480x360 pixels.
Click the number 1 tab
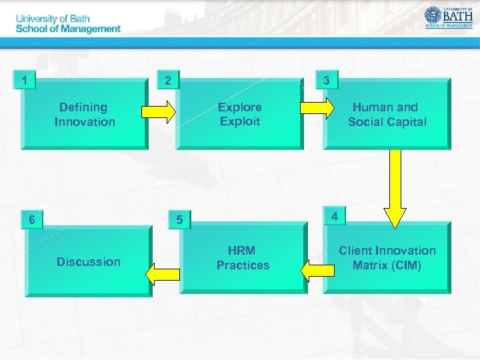(x=25, y=81)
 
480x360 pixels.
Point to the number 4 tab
(x=335, y=216)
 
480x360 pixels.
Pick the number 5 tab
(x=179, y=219)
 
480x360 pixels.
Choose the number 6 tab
(x=31, y=219)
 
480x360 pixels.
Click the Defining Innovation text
(x=85, y=114)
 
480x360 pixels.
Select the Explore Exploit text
(x=240, y=114)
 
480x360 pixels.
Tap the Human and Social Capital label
(x=387, y=114)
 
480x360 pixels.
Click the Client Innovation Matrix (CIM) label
(x=387, y=257)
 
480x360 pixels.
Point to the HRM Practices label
(x=243, y=257)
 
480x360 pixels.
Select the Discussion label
(x=89, y=261)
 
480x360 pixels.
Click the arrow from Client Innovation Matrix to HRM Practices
(x=317, y=270)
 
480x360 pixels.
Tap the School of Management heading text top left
(x=68, y=29)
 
